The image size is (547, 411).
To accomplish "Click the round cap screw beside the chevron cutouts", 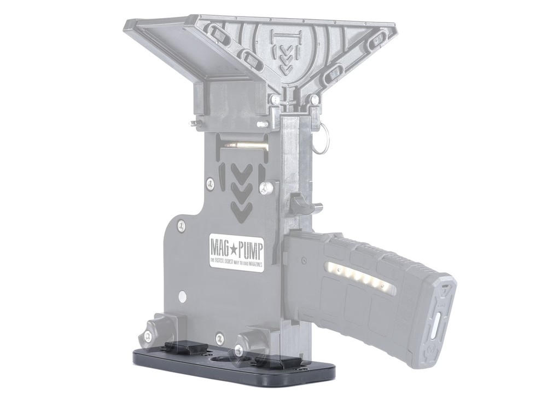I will [266, 188].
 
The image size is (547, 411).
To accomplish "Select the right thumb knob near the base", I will [241, 351].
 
